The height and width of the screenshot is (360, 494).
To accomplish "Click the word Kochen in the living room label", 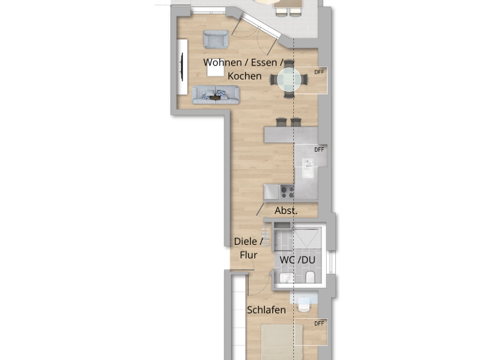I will (244, 76).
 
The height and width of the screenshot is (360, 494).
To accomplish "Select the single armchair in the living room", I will (215, 39).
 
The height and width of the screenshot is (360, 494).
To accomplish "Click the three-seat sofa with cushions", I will (215, 94).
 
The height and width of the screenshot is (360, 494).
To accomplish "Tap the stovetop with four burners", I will (287, 192).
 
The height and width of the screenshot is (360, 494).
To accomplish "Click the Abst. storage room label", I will (286, 211).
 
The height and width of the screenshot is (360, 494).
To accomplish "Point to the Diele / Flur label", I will (248, 248).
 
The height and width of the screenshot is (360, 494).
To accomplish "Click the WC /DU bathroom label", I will (297, 260).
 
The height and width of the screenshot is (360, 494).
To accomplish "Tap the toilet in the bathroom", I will (310, 277).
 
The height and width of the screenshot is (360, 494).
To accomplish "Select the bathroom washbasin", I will (286, 278).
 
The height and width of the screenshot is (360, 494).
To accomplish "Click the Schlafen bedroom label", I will (266, 310).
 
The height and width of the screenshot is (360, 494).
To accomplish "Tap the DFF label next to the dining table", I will (319, 71).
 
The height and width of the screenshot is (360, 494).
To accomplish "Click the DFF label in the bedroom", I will (319, 323).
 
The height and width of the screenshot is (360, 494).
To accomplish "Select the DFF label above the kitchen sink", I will (319, 150).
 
